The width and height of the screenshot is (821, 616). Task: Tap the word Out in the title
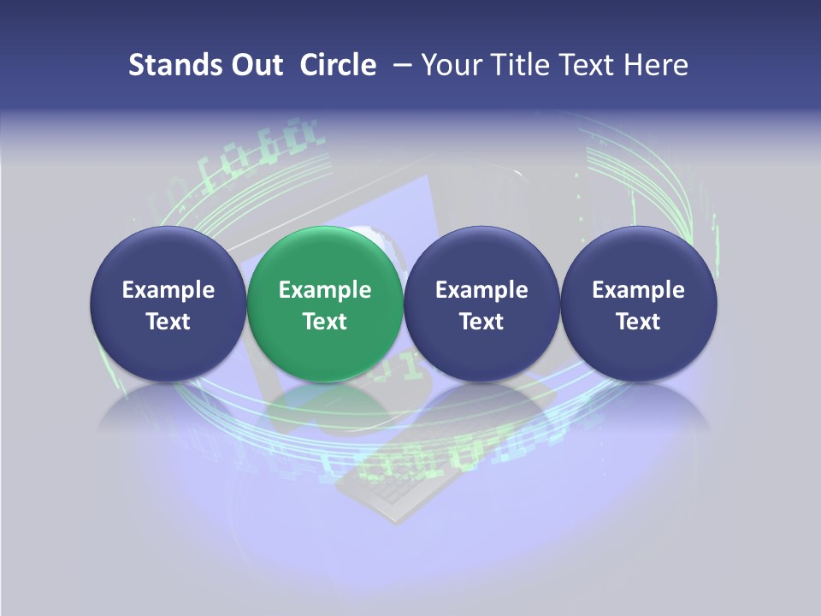coord(255,65)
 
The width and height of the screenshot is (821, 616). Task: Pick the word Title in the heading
coord(521,65)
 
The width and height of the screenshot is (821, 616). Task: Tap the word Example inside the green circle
coord(324,290)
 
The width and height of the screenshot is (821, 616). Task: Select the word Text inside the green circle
coord(324,322)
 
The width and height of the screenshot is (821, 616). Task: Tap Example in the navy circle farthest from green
coord(638,290)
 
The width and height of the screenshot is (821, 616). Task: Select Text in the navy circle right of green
coord(481,322)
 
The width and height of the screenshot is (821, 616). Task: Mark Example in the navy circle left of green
coord(168,290)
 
